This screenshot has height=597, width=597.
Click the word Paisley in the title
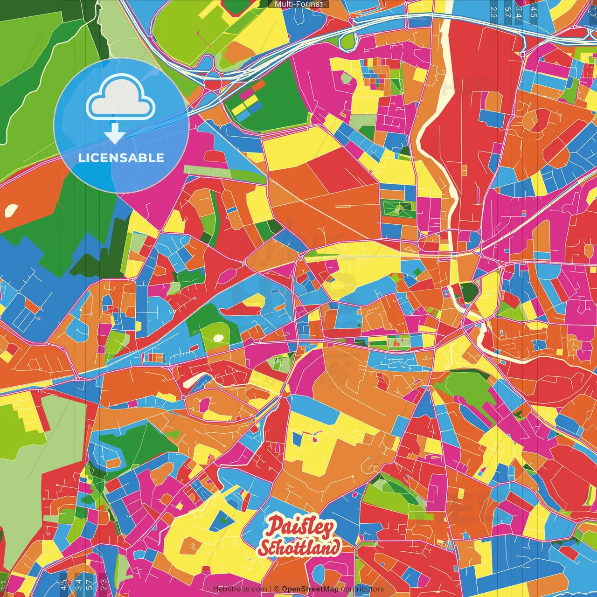click(300, 528)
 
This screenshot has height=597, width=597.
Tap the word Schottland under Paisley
click(299, 548)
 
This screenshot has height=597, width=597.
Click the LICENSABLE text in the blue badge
click(121, 158)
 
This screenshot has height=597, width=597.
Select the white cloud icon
click(121, 99)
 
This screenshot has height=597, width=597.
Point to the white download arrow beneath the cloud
click(115, 134)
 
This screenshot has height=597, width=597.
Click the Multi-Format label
click(298, 4)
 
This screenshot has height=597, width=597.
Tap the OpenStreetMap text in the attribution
click(310, 589)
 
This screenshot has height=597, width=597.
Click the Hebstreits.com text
click(240, 589)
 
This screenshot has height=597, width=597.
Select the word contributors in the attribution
click(362, 589)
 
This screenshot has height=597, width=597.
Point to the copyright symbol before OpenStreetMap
click(277, 589)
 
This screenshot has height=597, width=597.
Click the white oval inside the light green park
click(218, 337)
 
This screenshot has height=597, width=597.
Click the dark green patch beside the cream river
click(470, 292)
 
